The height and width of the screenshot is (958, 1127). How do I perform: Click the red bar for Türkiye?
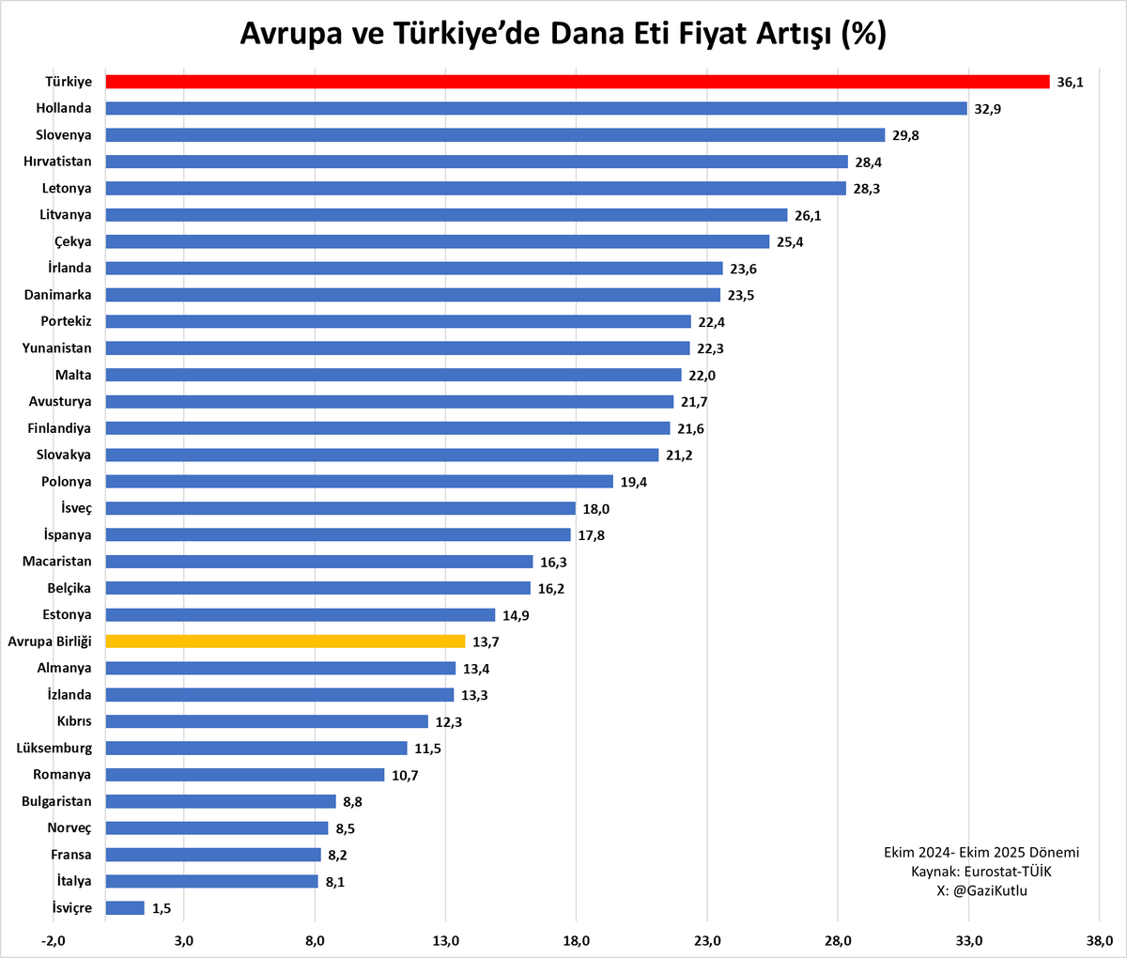(x=577, y=82)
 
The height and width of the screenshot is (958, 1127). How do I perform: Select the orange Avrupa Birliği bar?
(x=285, y=641)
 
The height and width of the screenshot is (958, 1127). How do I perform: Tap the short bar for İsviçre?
(x=125, y=908)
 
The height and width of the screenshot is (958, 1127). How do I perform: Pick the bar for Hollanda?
(x=535, y=108)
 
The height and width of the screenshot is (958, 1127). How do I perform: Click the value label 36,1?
(x=1070, y=83)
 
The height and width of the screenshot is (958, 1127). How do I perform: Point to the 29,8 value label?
(x=905, y=135)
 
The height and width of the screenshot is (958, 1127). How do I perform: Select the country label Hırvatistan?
(x=58, y=162)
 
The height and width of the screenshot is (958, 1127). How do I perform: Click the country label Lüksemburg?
(x=54, y=749)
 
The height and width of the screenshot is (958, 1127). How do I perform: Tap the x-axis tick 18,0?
(x=576, y=940)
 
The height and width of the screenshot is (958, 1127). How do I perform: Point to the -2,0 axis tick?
(x=54, y=940)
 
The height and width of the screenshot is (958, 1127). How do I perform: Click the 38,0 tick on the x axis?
(x=1099, y=940)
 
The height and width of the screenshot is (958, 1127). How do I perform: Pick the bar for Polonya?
(x=359, y=482)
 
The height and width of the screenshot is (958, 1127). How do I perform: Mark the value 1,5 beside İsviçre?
(x=162, y=908)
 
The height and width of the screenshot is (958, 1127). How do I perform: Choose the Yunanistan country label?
(x=57, y=348)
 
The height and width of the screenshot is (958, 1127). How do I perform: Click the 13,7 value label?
(x=486, y=641)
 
